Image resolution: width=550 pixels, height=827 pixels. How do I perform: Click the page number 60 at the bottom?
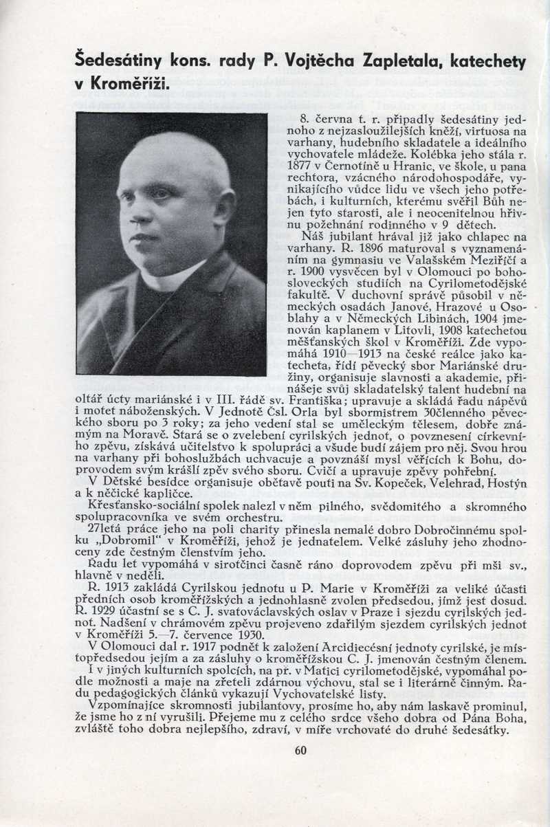(300, 750)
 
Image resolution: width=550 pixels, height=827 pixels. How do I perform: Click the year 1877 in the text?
(296, 166)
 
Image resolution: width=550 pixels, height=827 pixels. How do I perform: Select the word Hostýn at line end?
(508, 485)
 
